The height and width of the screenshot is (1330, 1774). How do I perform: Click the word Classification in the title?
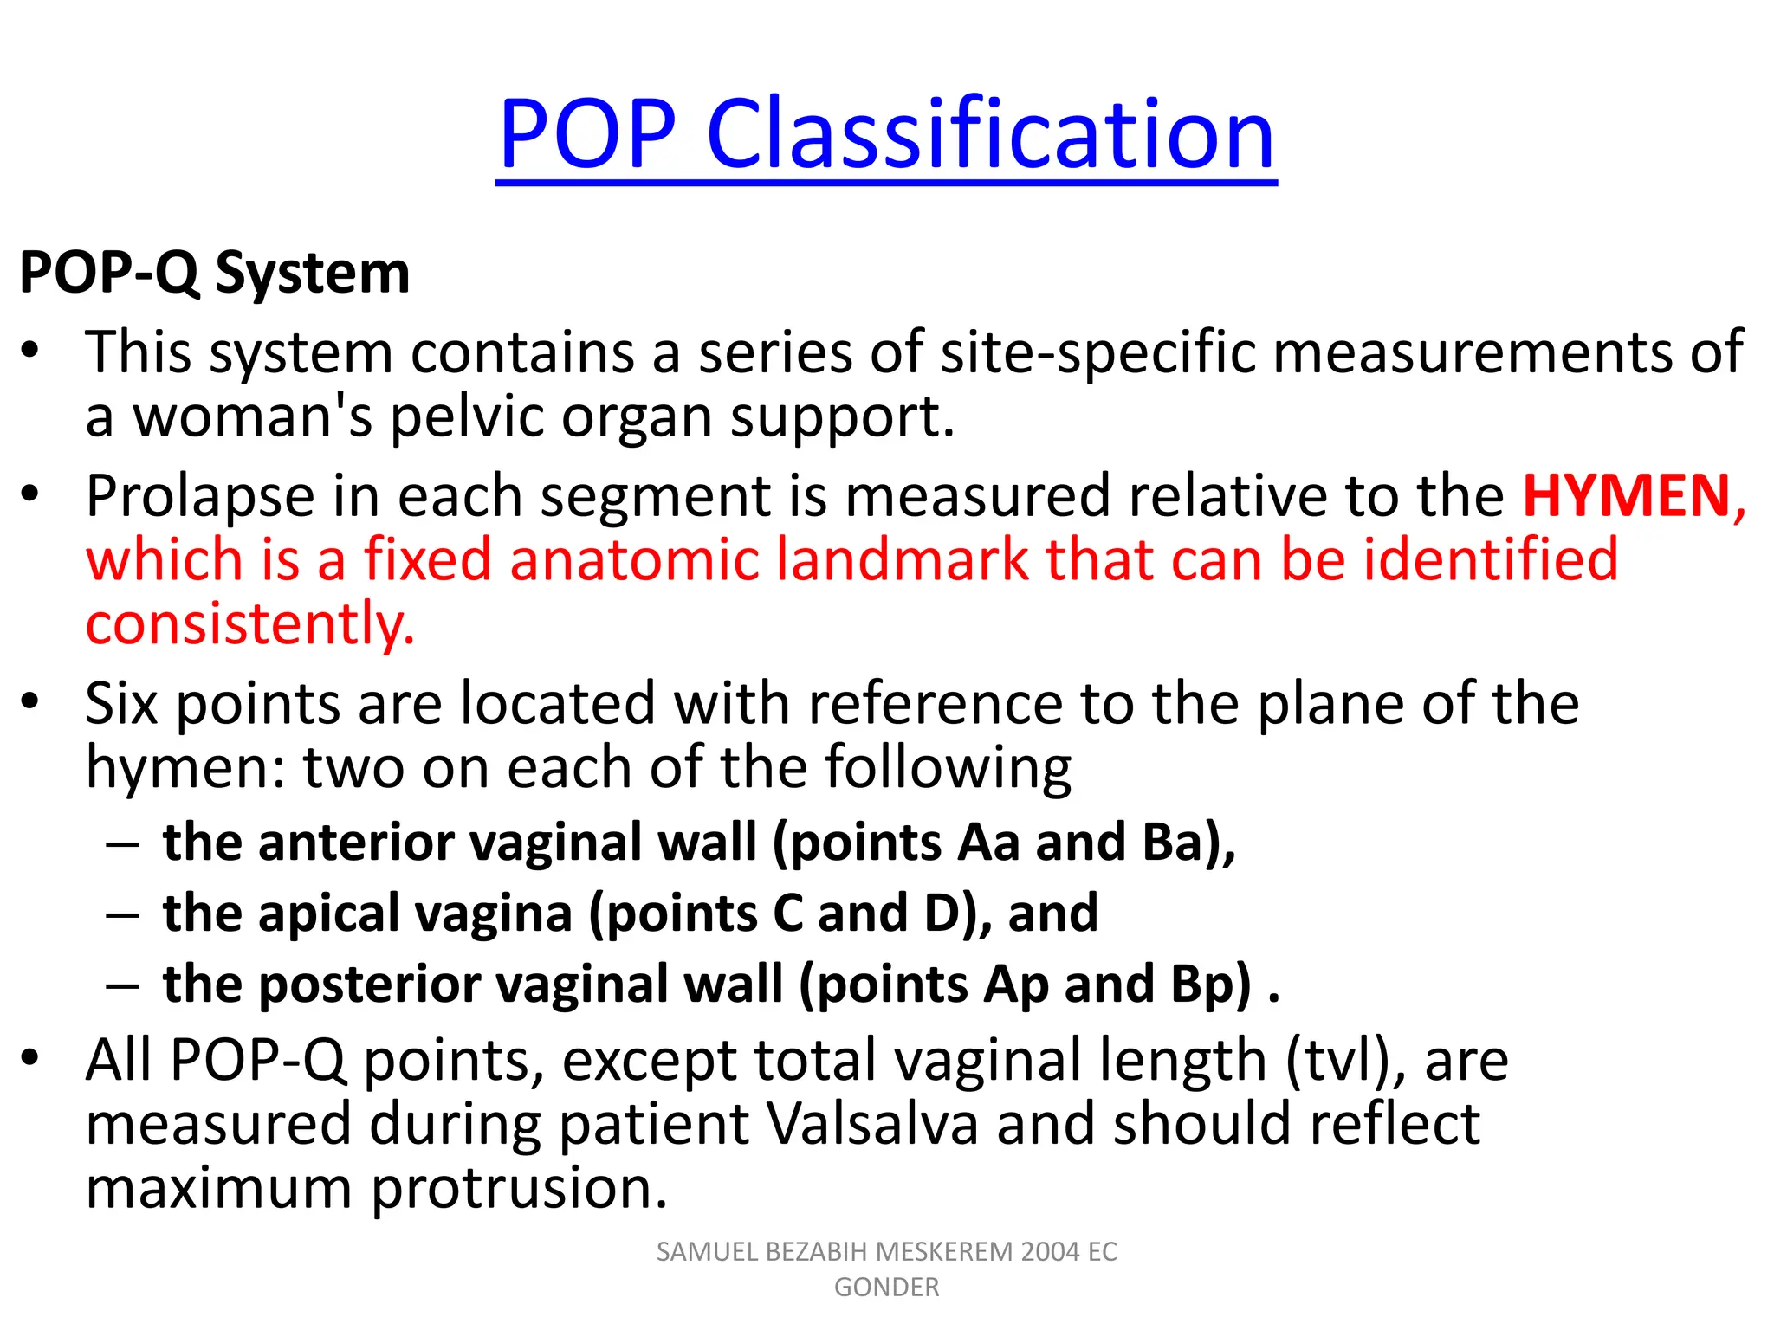(x=991, y=134)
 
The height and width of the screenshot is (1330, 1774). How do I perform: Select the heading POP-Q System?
(x=214, y=274)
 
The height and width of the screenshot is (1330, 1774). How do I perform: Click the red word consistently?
(x=250, y=624)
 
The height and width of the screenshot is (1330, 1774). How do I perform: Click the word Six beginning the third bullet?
(x=121, y=703)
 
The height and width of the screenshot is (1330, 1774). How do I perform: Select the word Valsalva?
(x=873, y=1124)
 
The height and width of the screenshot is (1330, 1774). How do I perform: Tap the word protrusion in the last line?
(x=520, y=1188)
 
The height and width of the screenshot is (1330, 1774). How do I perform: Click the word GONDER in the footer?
(x=886, y=1288)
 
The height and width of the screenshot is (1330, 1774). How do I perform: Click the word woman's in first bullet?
(x=252, y=417)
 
